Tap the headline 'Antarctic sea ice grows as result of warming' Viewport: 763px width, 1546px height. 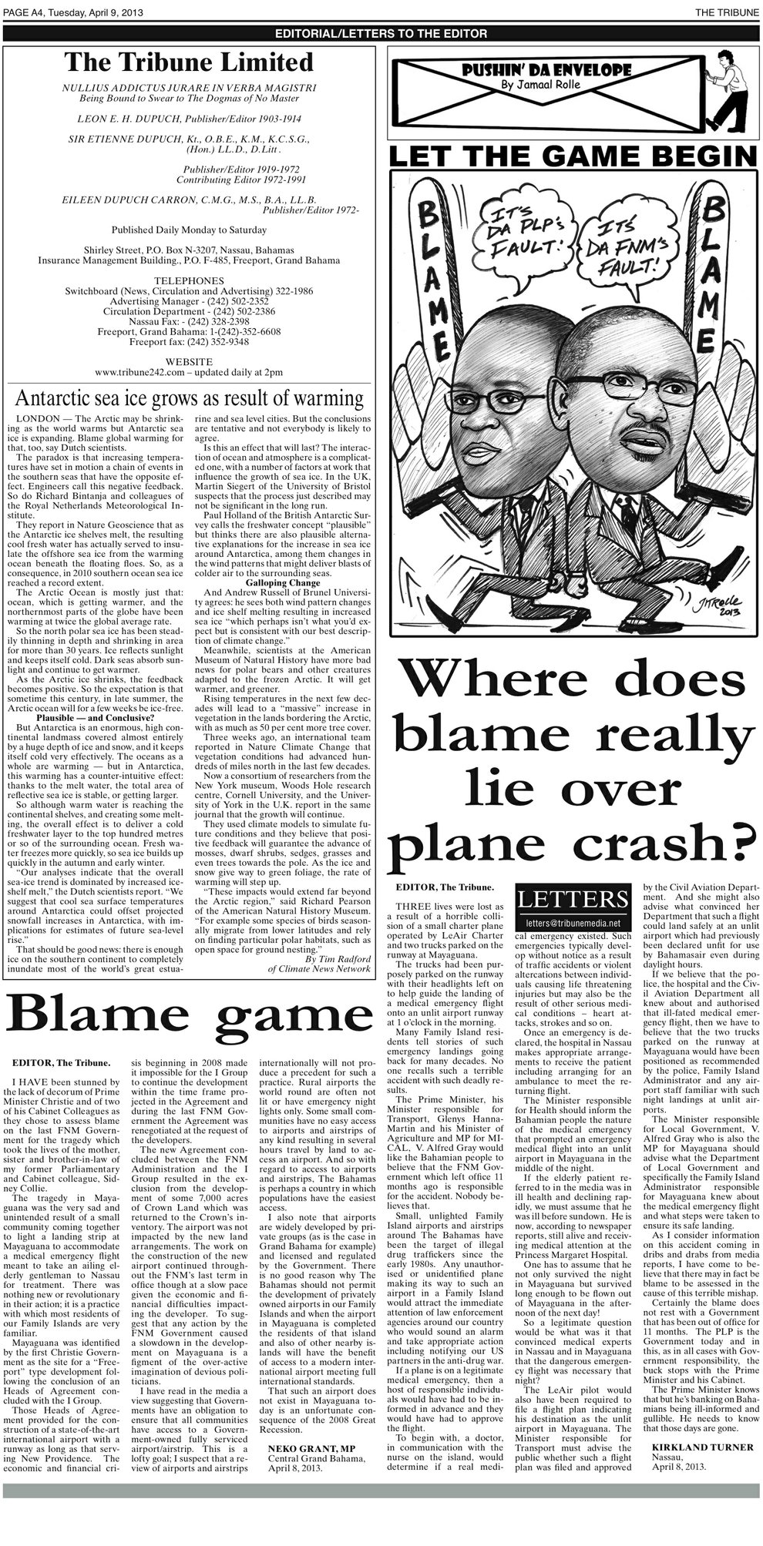(190, 398)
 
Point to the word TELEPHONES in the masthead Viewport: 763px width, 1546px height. (189, 280)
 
